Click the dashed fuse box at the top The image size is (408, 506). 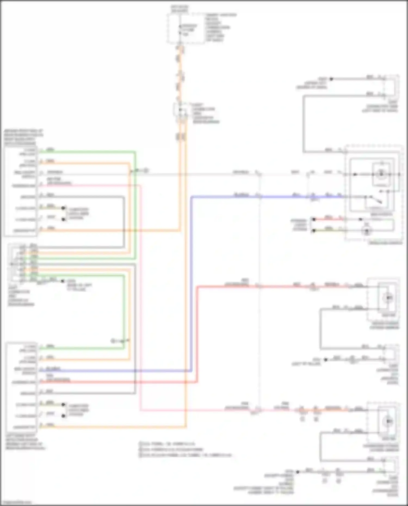186,29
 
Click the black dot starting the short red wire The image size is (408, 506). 314,219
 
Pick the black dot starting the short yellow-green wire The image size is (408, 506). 314,231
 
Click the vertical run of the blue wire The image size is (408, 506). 191,283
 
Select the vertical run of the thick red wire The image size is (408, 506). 197,334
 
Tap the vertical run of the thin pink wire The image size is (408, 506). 141,299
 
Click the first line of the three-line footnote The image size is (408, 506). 167,444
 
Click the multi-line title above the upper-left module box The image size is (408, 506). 23,137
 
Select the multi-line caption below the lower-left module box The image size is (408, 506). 25,442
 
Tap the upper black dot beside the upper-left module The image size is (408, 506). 63,208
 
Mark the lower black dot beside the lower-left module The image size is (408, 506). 63,416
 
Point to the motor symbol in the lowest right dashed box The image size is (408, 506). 389,421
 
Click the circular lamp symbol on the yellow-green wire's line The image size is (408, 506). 367,231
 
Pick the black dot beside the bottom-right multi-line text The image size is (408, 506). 298,472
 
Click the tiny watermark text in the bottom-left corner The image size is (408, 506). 16,502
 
